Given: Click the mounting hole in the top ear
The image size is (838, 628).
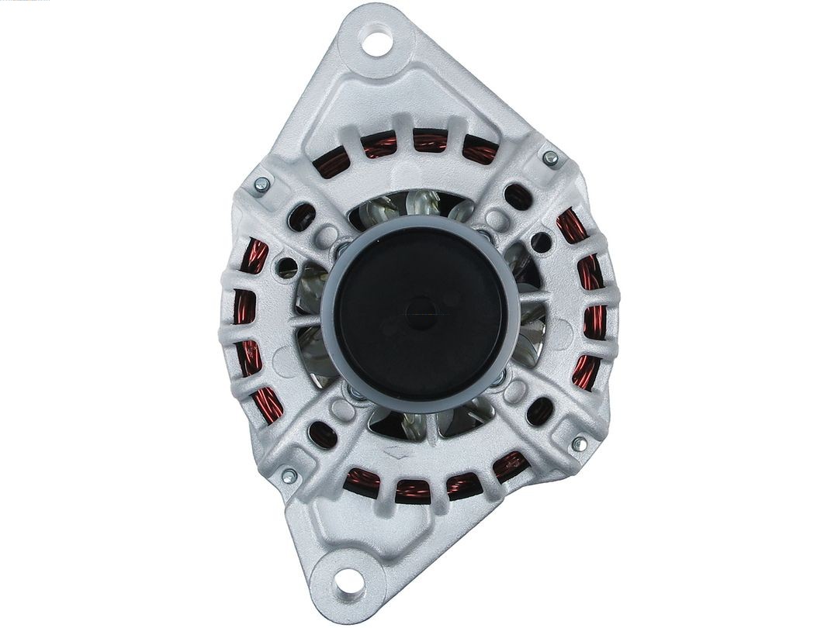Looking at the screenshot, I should pos(377,42).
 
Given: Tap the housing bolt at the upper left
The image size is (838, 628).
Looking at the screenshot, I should pos(261,185).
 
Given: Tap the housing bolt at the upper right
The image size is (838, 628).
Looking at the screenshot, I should pos(550,158).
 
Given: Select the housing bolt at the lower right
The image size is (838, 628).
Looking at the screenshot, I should pos(578,444).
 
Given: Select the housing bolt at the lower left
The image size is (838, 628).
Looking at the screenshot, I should pos(289,476).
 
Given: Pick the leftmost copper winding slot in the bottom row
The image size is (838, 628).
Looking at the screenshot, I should pos(361,481).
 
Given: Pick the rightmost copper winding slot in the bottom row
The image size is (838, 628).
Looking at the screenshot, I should pos(510,467).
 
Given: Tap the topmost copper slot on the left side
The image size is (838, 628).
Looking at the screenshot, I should pos(253,257).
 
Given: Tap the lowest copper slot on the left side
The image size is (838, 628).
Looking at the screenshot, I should pos(268,405).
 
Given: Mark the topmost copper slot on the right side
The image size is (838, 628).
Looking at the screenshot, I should pos(572,226).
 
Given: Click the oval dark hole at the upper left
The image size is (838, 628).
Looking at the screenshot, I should pos(301,218).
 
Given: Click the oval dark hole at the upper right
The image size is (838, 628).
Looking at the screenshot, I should pos(518,197).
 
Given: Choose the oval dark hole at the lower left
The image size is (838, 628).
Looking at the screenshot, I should pos(322,435).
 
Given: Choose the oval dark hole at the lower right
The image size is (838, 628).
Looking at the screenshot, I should pos(539,412).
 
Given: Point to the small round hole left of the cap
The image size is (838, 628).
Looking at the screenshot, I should pos(287,268).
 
